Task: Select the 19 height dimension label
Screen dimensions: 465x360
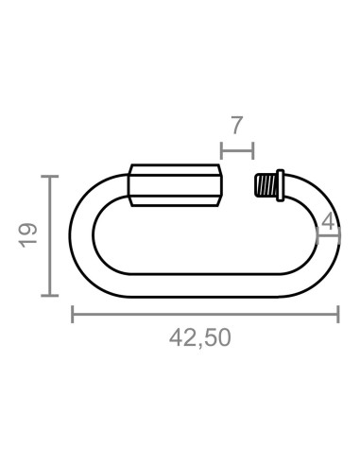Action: (x=27, y=234)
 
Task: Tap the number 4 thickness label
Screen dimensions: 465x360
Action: (x=327, y=222)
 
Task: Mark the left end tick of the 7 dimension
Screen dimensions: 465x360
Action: (x=220, y=148)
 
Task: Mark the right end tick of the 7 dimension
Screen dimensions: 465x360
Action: (x=252, y=148)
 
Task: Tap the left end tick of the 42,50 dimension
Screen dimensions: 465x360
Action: (x=73, y=314)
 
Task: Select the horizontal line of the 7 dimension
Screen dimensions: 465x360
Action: (x=236, y=148)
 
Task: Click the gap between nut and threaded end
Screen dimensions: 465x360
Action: (x=238, y=184)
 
